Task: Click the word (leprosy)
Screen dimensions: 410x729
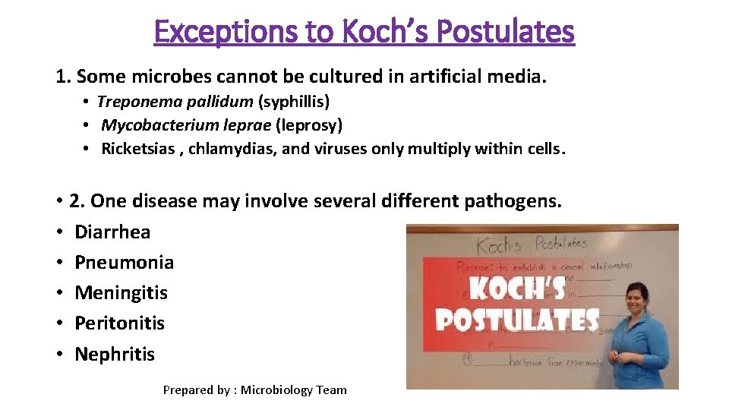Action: [x=309, y=125]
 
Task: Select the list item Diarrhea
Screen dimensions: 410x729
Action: [x=112, y=232]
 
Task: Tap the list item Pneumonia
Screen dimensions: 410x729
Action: [x=124, y=262]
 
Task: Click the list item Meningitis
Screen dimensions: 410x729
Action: [x=121, y=292]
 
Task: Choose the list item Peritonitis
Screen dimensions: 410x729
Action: [x=119, y=323]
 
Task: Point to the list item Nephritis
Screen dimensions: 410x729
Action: [x=115, y=354]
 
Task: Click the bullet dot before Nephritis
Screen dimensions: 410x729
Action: [x=58, y=354]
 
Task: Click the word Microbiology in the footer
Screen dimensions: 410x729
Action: [x=276, y=390]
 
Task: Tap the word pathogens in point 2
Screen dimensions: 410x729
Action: [x=513, y=201]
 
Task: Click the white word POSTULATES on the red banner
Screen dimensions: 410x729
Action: [x=516, y=320]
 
